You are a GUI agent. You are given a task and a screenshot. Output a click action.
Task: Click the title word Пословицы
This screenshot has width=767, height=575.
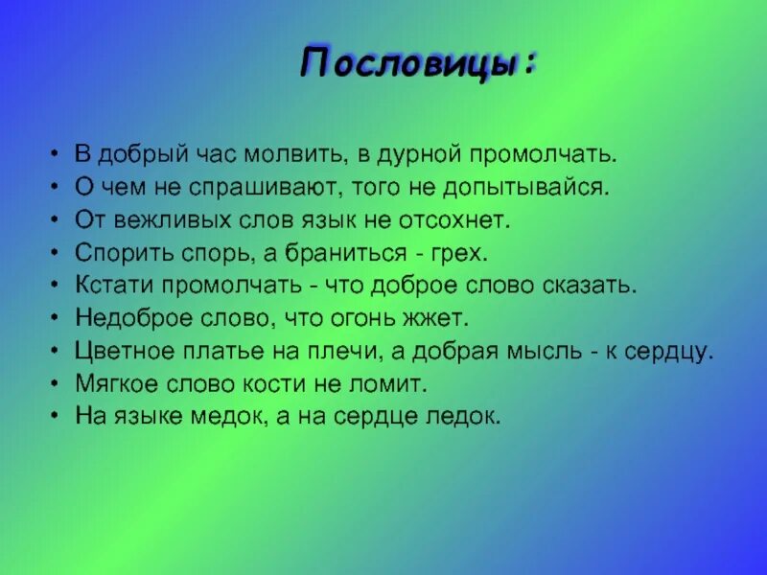point(414,63)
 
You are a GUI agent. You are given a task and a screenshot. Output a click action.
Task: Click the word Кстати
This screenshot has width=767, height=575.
point(113,286)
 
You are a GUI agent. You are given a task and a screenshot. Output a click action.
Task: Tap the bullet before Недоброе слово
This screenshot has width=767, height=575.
point(54,318)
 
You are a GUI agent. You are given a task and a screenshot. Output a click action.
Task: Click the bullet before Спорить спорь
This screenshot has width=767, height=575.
point(54,253)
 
